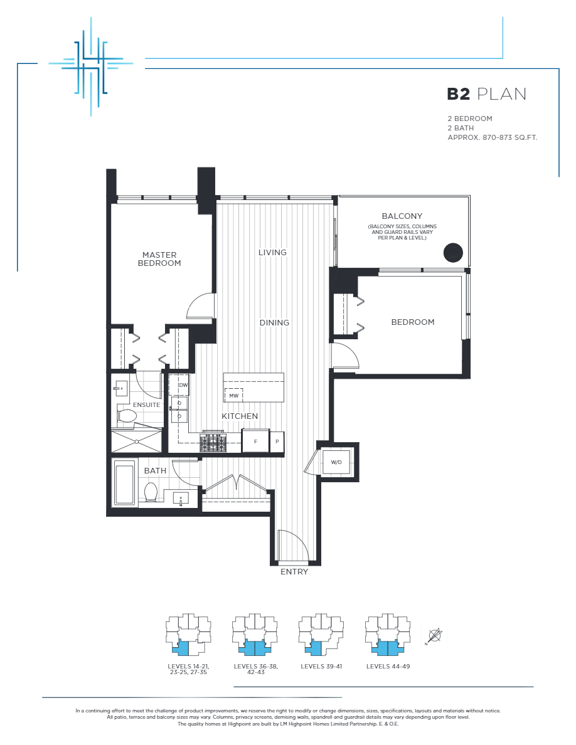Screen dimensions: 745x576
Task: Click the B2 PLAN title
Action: (x=486, y=94)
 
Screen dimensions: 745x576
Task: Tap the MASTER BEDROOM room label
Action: (x=159, y=259)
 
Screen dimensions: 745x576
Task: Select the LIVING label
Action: (x=272, y=252)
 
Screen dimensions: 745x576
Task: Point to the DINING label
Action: (x=274, y=322)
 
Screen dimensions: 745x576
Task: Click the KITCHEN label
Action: (x=240, y=416)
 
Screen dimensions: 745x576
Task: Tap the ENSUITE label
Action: (x=146, y=404)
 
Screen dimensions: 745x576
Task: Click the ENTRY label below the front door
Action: (x=294, y=571)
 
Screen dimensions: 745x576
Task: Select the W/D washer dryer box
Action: (x=336, y=463)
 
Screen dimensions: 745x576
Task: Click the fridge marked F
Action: (x=255, y=441)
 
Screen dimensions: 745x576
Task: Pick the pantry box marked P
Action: (x=277, y=441)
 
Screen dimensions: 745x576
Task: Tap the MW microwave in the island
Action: (x=233, y=396)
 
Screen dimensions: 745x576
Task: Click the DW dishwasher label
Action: (x=183, y=385)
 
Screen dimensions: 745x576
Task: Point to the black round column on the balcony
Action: (x=453, y=252)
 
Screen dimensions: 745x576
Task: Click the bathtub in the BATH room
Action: (x=124, y=483)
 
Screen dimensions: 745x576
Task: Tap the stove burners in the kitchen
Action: (x=213, y=443)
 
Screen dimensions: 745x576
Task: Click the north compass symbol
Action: (x=434, y=636)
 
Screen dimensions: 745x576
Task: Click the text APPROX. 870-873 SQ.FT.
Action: (x=492, y=137)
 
